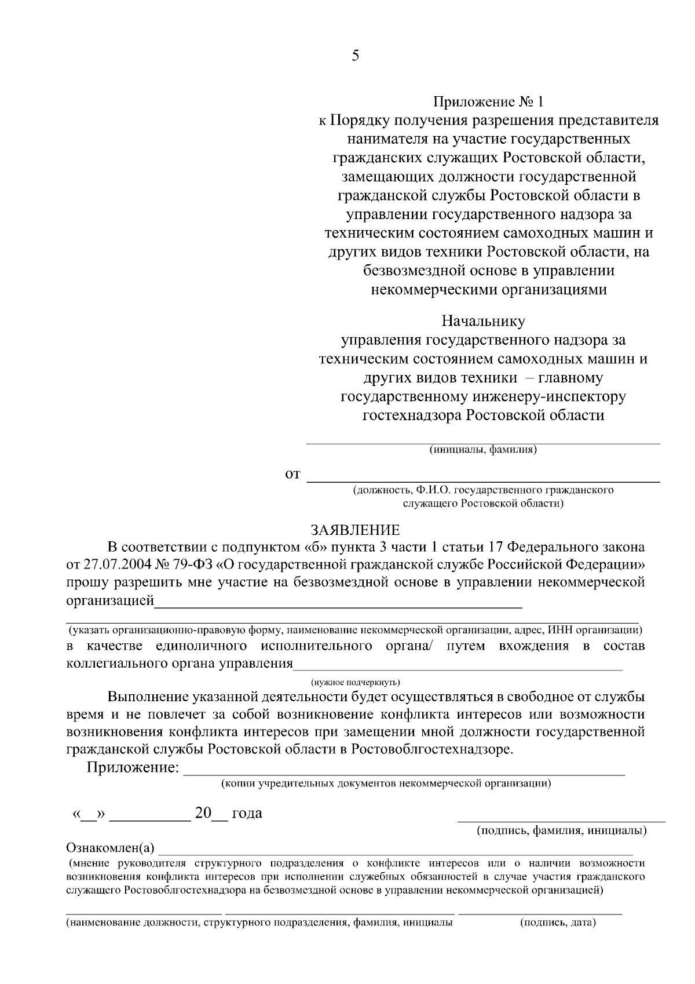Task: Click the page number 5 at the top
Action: pyautogui.click(x=355, y=56)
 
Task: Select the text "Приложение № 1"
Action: pyautogui.click(x=489, y=103)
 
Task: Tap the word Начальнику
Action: pyautogui.click(x=483, y=321)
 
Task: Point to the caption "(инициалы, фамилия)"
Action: pyautogui.click(x=483, y=450)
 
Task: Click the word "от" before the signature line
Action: pyautogui.click(x=293, y=475)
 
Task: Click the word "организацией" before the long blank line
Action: pyautogui.click(x=110, y=601)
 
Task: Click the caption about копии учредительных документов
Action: pyautogui.click(x=386, y=784)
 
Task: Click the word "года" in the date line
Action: pyautogui.click(x=247, y=814)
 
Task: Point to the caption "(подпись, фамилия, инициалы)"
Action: pyautogui.click(x=561, y=830)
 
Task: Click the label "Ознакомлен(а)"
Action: pyautogui.click(x=111, y=849)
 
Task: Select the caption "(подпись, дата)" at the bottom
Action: pyautogui.click(x=558, y=922)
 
